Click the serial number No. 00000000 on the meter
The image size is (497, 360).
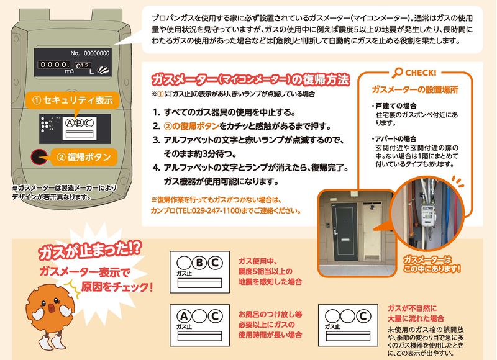click(90, 53)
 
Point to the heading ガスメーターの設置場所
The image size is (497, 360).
click(414, 89)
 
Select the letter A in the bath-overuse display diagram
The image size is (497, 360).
click(183, 315)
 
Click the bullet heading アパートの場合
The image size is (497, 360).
click(396, 138)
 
